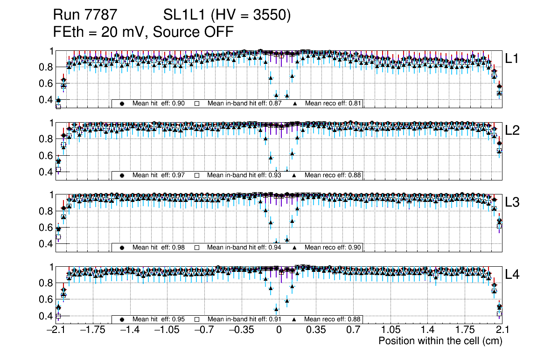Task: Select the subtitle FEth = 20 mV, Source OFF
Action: (x=143, y=32)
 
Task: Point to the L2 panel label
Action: (x=513, y=131)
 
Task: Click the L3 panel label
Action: (x=513, y=202)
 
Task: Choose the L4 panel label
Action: (x=513, y=274)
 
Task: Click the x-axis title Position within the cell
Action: (x=440, y=341)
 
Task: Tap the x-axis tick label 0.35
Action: (x=316, y=330)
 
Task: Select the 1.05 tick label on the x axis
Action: (x=390, y=330)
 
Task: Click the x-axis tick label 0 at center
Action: (x=279, y=330)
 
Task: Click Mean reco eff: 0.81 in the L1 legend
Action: (x=333, y=104)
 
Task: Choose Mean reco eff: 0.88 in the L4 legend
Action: (x=333, y=319)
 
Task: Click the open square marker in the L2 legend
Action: (x=197, y=175)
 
